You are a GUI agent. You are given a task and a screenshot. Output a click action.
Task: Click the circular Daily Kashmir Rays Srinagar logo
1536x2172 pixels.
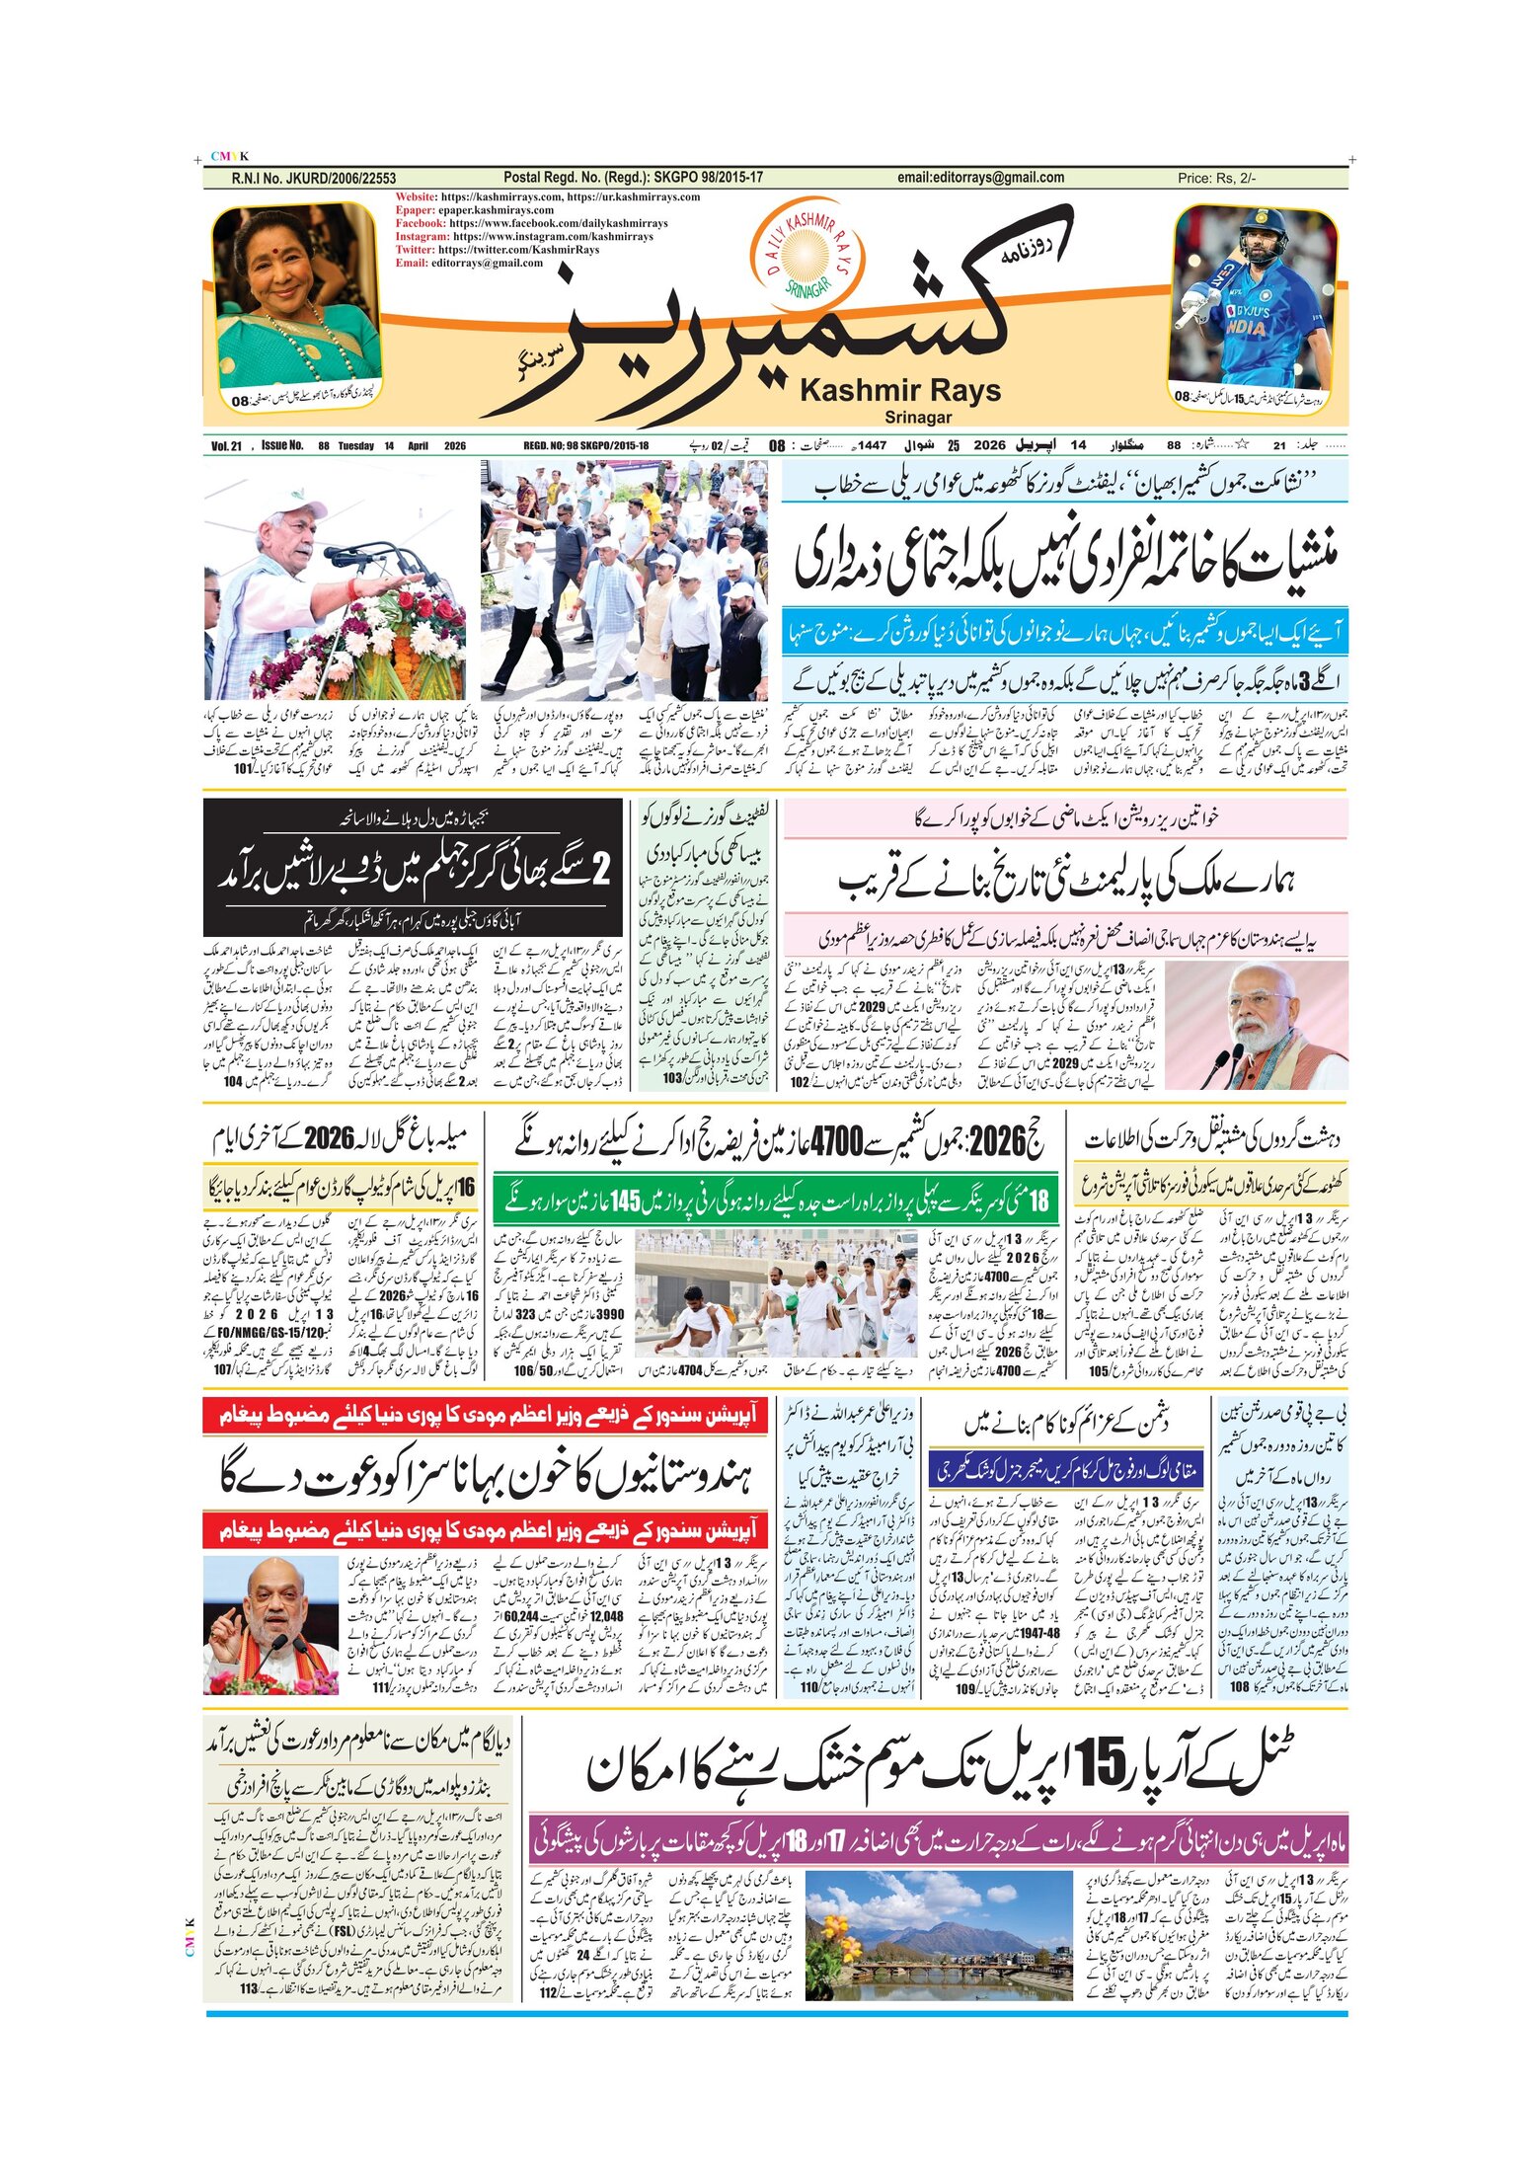pyautogui.click(x=806, y=254)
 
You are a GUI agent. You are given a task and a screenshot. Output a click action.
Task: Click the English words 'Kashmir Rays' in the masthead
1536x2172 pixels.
pyautogui.click(x=899, y=390)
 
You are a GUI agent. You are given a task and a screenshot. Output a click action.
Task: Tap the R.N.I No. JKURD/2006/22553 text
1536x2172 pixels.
pyautogui.click(x=313, y=178)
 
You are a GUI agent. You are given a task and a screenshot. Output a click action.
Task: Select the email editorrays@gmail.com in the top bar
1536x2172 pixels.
pyautogui.click(x=980, y=178)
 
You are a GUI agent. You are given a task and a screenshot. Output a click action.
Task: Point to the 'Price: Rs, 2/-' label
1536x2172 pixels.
pyautogui.click(x=1216, y=178)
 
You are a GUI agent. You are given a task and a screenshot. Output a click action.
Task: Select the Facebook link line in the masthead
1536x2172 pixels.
pyautogui.click(x=531, y=223)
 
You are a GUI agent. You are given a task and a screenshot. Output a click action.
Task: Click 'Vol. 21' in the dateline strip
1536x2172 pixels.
pyautogui.click(x=226, y=446)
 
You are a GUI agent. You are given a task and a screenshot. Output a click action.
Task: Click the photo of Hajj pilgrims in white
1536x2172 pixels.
pyautogui.click(x=775, y=1292)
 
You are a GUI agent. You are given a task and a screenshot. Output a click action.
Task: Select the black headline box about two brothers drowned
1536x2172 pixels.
pyautogui.click(x=414, y=866)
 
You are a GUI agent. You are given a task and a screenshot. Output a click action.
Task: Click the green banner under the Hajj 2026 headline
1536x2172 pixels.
pyautogui.click(x=775, y=1199)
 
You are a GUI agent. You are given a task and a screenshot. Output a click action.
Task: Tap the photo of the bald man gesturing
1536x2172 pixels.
pyautogui.click(x=270, y=1612)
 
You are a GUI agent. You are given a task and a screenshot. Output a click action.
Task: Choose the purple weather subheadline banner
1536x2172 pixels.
pyautogui.click(x=938, y=1839)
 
